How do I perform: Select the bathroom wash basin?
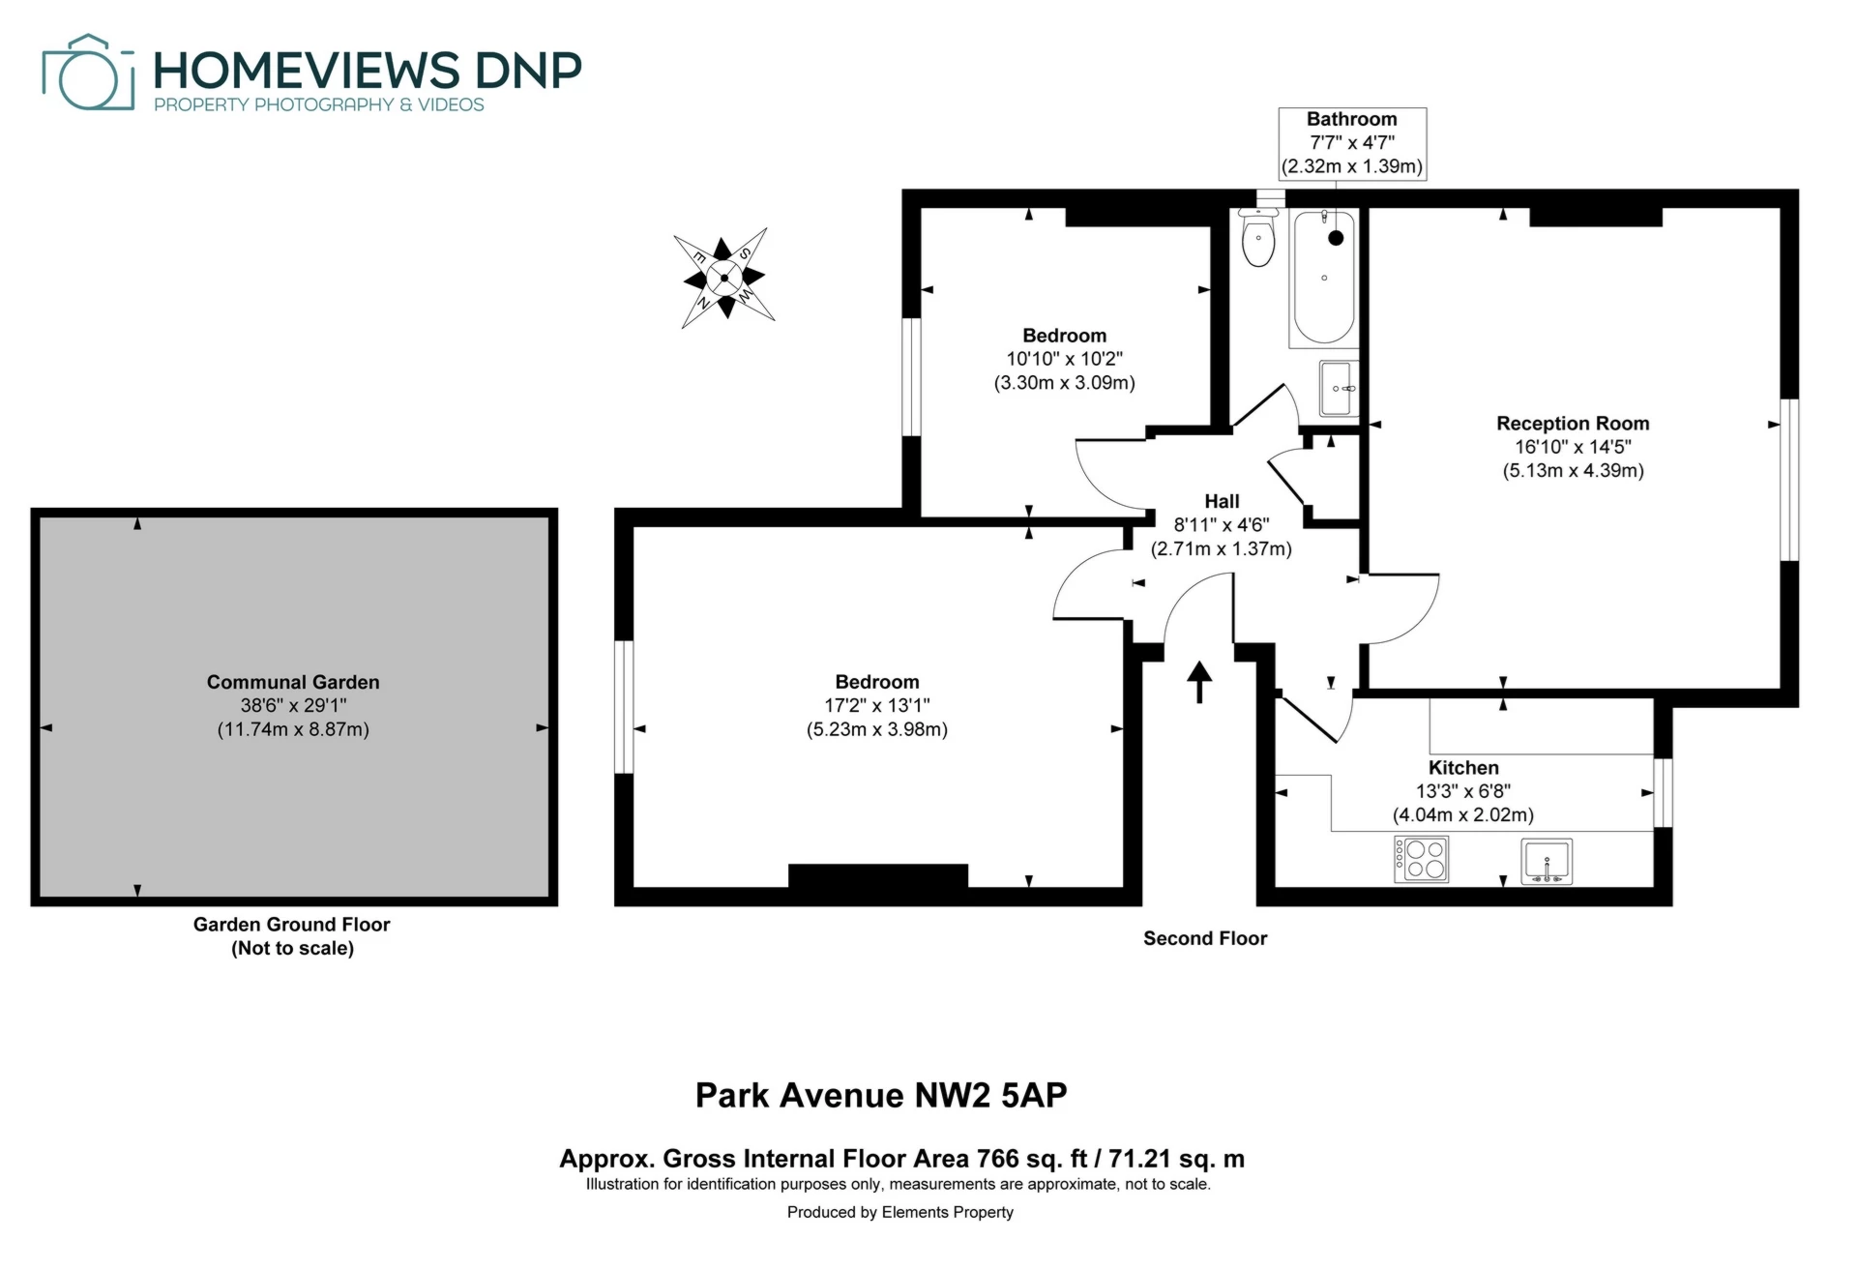point(1339,388)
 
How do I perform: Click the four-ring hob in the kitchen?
point(1421,859)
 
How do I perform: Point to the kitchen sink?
point(1547,861)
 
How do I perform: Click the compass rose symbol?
point(724,279)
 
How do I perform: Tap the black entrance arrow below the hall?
point(1199,681)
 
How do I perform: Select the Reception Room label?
point(1573,424)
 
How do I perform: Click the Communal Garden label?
point(293,682)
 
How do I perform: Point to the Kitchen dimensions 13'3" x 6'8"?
point(1462,791)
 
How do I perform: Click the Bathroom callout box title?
point(1351,119)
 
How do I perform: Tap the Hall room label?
point(1222,501)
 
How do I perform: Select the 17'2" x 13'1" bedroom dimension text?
point(876,705)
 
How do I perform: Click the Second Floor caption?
point(1204,938)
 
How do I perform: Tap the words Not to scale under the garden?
point(292,948)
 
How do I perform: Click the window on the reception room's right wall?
point(1789,480)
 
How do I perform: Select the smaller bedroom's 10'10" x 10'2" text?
point(1064,359)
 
